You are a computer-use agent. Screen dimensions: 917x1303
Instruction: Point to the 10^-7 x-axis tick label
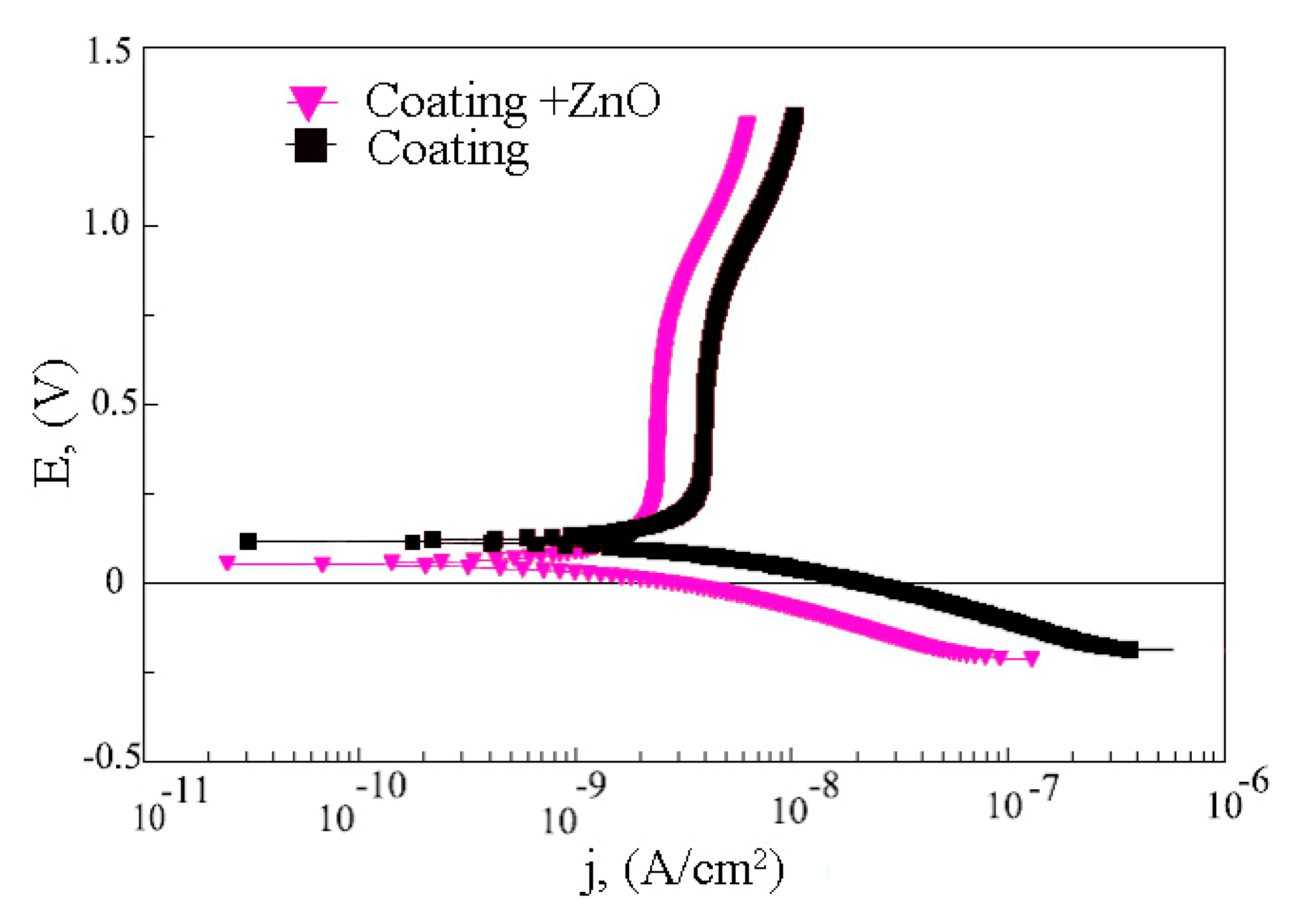point(1022,797)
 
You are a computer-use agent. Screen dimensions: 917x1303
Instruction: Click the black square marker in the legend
point(310,146)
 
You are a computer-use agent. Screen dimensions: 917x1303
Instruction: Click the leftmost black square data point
point(248,542)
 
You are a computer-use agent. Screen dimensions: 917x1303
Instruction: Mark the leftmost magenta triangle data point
point(227,562)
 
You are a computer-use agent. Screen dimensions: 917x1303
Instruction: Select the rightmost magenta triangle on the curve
point(1032,658)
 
